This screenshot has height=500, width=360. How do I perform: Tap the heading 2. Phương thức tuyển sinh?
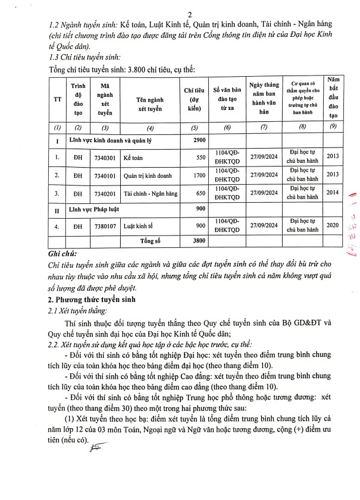(x=93, y=299)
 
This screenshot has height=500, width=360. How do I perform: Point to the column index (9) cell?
(x=333, y=127)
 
